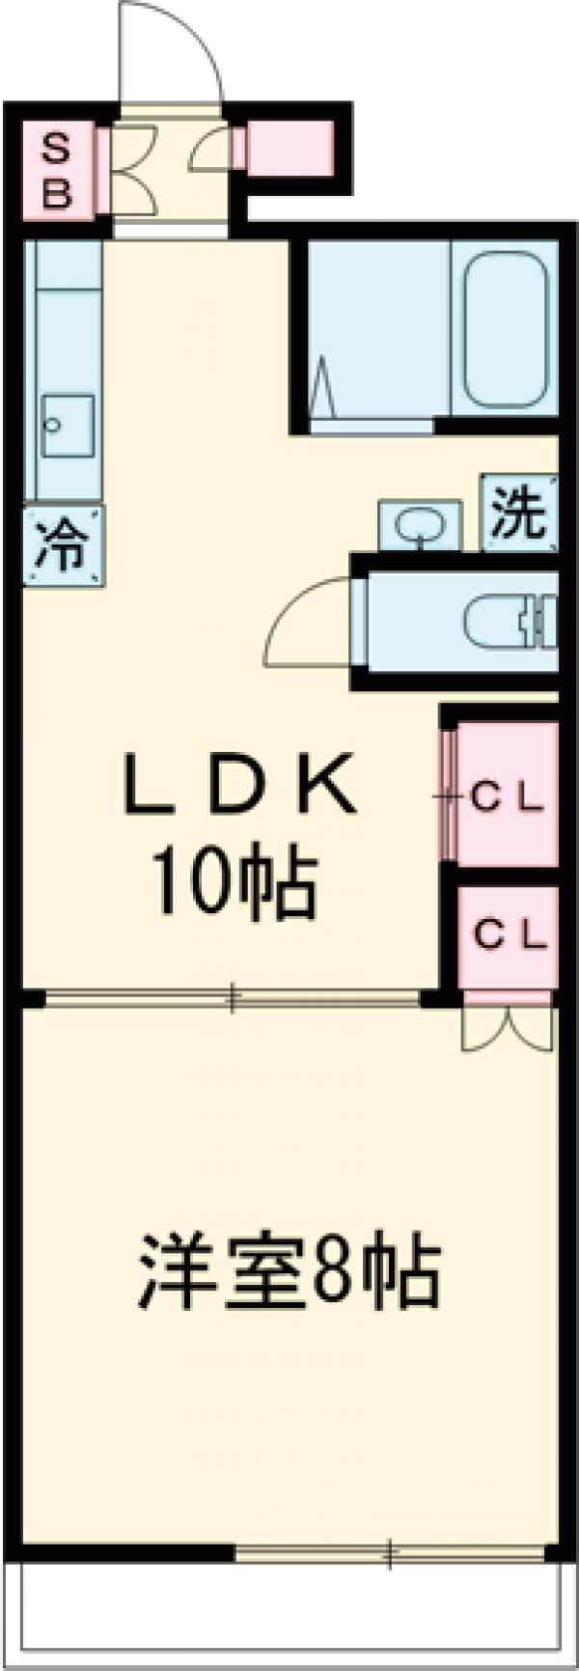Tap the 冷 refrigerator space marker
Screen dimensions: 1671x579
point(62,545)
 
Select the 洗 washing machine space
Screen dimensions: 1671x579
point(519,512)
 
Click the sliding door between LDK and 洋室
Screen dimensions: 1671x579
point(232,998)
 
